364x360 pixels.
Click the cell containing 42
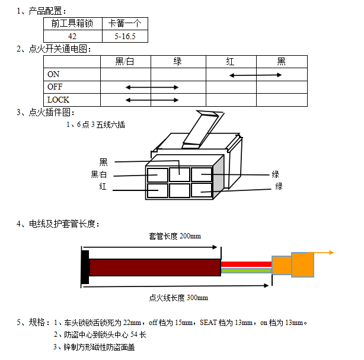point(72,36)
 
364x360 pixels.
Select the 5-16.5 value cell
point(125,36)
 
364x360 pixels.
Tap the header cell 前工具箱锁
point(72,24)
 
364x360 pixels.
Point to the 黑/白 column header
point(125,61)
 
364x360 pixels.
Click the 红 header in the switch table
point(230,61)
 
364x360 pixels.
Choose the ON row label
point(53,74)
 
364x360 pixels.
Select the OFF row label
point(55,87)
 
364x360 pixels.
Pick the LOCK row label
point(58,100)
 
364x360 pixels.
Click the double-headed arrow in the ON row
point(256,75)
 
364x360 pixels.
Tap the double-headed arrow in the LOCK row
point(152,100)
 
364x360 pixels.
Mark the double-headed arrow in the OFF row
point(152,87)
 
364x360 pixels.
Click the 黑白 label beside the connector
point(99,174)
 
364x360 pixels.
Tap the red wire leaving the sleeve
point(246,263)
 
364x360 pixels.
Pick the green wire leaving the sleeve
point(246,270)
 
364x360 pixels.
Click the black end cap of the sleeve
point(85,266)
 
